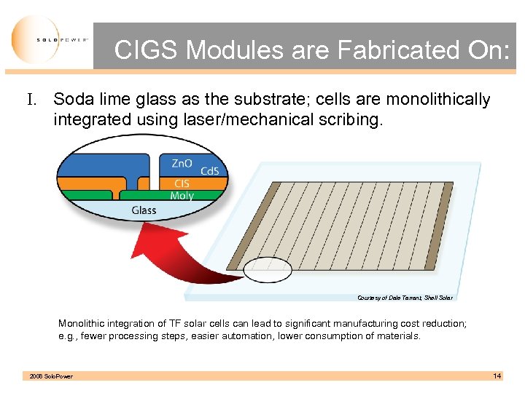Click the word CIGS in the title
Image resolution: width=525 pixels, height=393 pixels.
tap(147, 50)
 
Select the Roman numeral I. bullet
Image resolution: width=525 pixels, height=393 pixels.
tap(34, 100)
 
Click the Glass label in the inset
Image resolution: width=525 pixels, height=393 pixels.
tap(144, 210)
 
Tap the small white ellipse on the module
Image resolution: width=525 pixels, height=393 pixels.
tap(267, 270)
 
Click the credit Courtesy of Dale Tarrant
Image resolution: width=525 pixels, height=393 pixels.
tap(405, 297)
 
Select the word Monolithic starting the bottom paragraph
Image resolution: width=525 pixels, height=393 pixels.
tap(82, 322)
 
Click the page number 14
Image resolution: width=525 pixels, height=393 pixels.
tap(497, 376)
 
